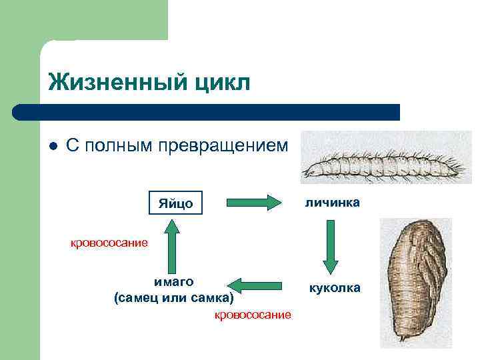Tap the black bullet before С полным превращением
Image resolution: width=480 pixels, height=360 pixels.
tap(53, 146)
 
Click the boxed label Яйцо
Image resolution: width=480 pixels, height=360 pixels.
tap(175, 203)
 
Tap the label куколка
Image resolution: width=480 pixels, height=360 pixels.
tap(334, 288)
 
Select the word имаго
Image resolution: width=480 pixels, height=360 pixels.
tap(174, 282)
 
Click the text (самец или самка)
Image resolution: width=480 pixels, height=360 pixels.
tap(174, 296)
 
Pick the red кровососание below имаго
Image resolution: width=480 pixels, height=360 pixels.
tap(252, 315)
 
